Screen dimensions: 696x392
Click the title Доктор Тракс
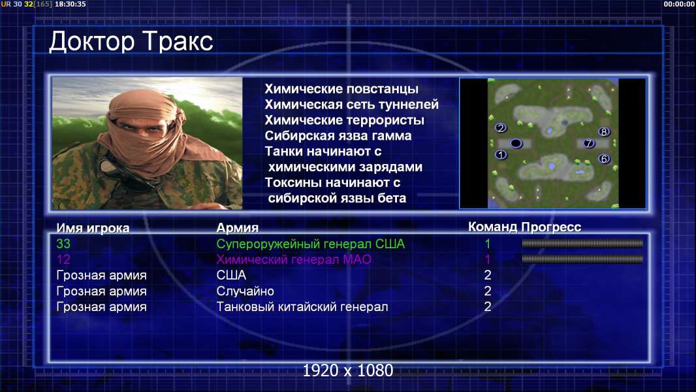pos(131,42)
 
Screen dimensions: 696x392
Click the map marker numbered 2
pos(501,128)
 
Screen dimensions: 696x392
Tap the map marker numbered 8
pos(604,131)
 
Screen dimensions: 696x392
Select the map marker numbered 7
pos(589,143)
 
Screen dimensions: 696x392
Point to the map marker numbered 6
pos(604,159)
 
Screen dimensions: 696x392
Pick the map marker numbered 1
pos(501,154)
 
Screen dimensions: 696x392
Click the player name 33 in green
pos(63,244)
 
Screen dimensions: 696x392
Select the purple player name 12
pos(63,259)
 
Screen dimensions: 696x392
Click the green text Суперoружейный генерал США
pos(311,244)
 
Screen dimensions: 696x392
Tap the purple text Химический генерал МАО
pos(294,259)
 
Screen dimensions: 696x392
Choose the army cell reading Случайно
pos(245,291)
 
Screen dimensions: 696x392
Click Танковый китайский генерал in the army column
pos(302,307)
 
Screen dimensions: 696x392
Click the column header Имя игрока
pos(93,228)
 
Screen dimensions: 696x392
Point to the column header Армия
pos(238,228)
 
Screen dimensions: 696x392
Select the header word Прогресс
pos(551,227)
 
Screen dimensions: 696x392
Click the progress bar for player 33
pos(582,243)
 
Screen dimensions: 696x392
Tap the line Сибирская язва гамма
pos(338,135)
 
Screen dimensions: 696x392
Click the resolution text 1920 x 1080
pos(348,370)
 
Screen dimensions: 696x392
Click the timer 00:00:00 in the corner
pos(679,4)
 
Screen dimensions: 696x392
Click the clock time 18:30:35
pos(71,4)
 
